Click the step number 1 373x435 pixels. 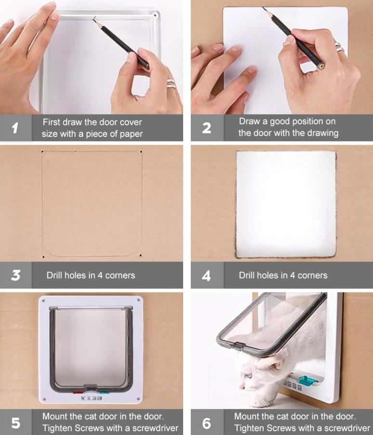point(15,128)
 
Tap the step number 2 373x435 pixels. point(206,128)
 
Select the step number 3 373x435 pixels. point(15,275)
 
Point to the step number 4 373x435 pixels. point(206,276)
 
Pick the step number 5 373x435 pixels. point(15,423)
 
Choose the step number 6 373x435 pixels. point(206,423)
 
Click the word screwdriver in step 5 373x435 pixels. point(155,428)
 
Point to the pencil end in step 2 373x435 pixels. point(321,66)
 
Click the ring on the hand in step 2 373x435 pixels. point(339,47)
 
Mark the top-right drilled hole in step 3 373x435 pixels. point(141,152)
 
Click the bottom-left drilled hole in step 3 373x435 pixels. point(43,257)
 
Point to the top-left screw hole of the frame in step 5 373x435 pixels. point(43,301)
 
